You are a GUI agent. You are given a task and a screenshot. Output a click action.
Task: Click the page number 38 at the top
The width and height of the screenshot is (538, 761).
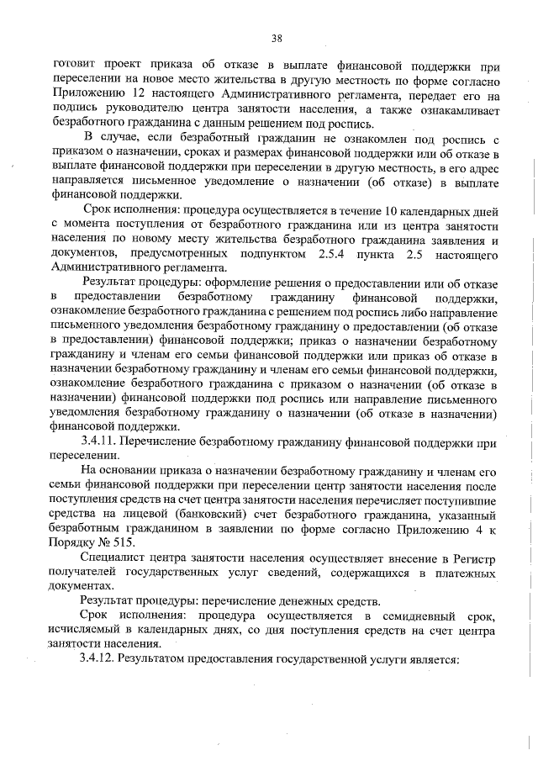click(276, 37)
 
